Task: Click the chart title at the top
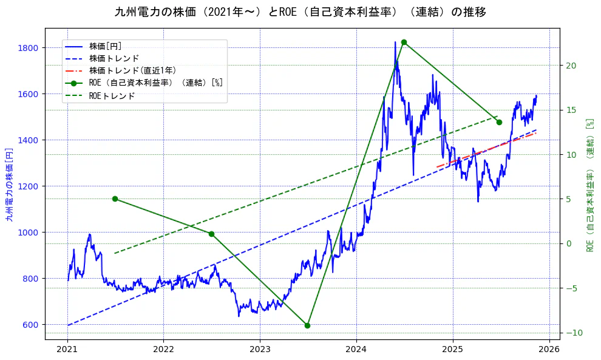(300, 12)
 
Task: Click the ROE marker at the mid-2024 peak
(404, 42)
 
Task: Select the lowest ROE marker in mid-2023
(307, 325)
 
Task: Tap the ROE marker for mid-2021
(115, 199)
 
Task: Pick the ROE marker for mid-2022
(211, 234)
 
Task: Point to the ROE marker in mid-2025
(499, 122)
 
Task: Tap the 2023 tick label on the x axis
(260, 350)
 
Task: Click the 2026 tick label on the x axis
(549, 350)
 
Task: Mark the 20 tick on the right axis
(571, 66)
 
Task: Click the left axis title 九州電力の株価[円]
(9, 184)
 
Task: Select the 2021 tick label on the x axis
(67, 350)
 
